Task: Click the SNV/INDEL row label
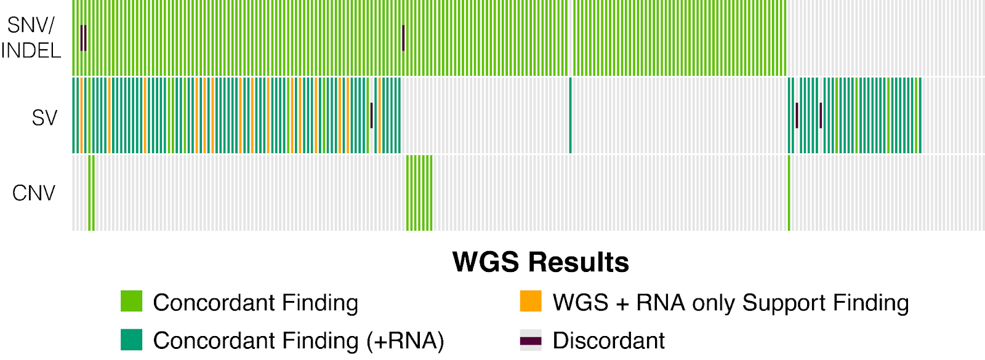[31, 38]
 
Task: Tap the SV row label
[44, 118]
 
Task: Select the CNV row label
[34, 193]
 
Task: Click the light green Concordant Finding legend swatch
[131, 302]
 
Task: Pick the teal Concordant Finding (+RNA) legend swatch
[131, 340]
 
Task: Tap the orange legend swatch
[531, 302]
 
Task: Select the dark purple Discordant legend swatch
[531, 340]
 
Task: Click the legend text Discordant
[608, 340]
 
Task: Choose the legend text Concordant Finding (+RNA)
[299, 340]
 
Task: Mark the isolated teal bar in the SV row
[571, 115]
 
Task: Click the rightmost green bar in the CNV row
[789, 193]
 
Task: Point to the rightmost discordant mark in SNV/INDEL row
[403, 38]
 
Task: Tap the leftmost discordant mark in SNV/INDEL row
[81, 38]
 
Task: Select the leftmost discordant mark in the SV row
[372, 116]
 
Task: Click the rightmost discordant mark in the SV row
[821, 116]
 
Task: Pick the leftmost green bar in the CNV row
[90, 193]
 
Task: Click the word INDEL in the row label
[31, 50]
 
